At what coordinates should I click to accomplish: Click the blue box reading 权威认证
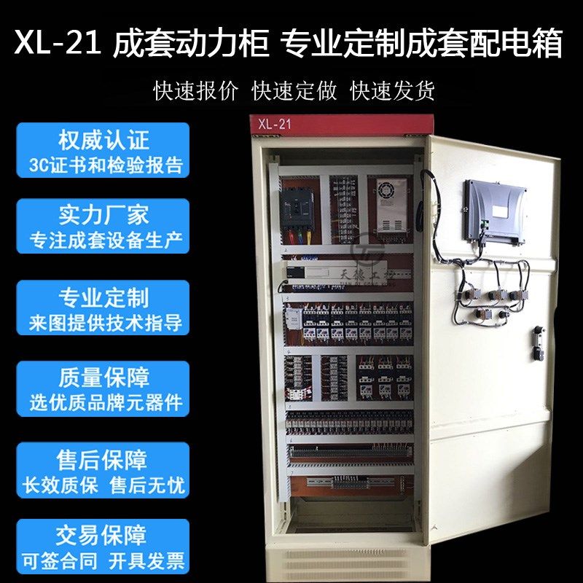[103, 150]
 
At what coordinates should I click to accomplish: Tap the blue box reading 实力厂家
[103, 226]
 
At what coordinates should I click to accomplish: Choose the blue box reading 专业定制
[103, 309]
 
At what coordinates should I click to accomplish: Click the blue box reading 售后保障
[103, 471]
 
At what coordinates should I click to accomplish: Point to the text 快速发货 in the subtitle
[393, 90]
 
